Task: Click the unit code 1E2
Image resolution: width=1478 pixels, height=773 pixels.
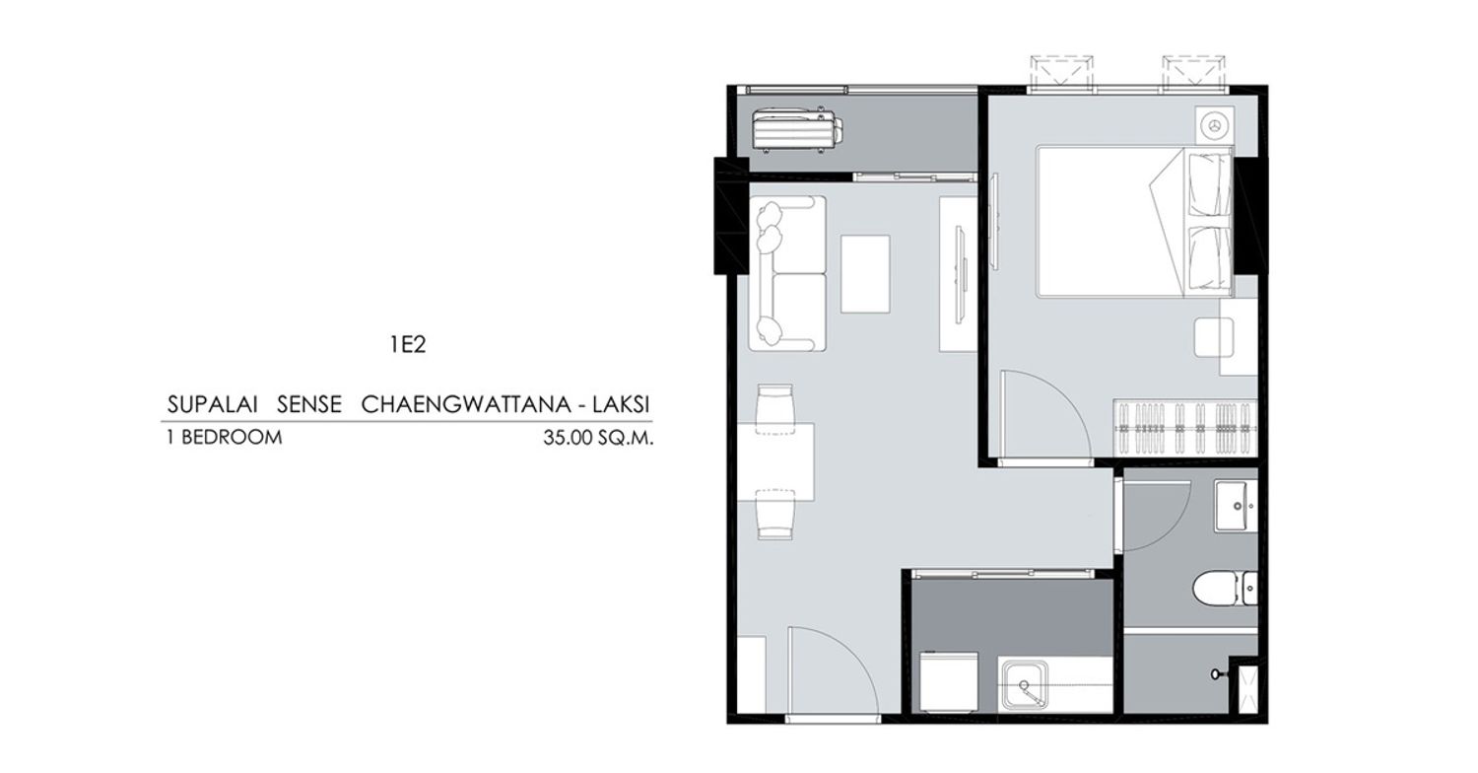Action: click(408, 344)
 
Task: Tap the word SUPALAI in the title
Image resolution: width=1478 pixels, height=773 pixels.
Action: click(212, 404)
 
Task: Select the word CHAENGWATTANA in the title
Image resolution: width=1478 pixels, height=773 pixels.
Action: click(466, 404)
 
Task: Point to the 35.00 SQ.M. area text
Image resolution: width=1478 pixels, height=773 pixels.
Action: click(598, 438)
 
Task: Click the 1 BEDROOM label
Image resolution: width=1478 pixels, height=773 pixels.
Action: click(225, 437)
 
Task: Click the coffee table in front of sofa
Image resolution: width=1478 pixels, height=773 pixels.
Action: click(865, 274)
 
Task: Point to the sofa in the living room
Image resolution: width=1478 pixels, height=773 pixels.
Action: click(786, 273)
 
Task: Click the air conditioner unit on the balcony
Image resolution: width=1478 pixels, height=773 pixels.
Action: click(797, 130)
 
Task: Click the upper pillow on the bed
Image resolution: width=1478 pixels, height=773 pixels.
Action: click(1209, 184)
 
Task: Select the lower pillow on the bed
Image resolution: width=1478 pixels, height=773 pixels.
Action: click(1209, 258)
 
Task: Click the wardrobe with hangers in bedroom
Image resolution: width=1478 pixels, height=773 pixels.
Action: click(1185, 428)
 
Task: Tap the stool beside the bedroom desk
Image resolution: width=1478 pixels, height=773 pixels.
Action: click(1213, 337)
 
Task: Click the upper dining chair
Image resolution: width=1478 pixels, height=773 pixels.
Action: click(775, 409)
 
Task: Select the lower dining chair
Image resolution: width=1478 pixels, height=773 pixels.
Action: click(775, 515)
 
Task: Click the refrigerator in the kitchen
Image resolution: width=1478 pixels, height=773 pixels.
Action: click(949, 682)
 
